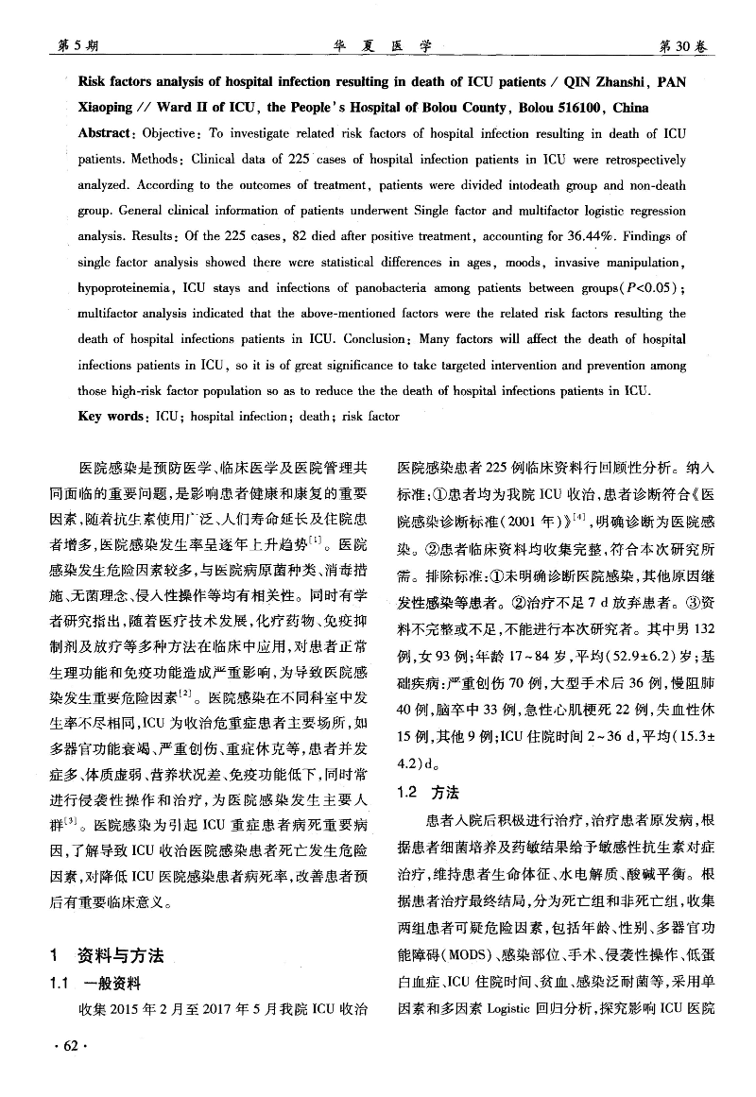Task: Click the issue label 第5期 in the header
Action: tap(78, 44)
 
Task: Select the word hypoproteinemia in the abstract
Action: tap(124, 287)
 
